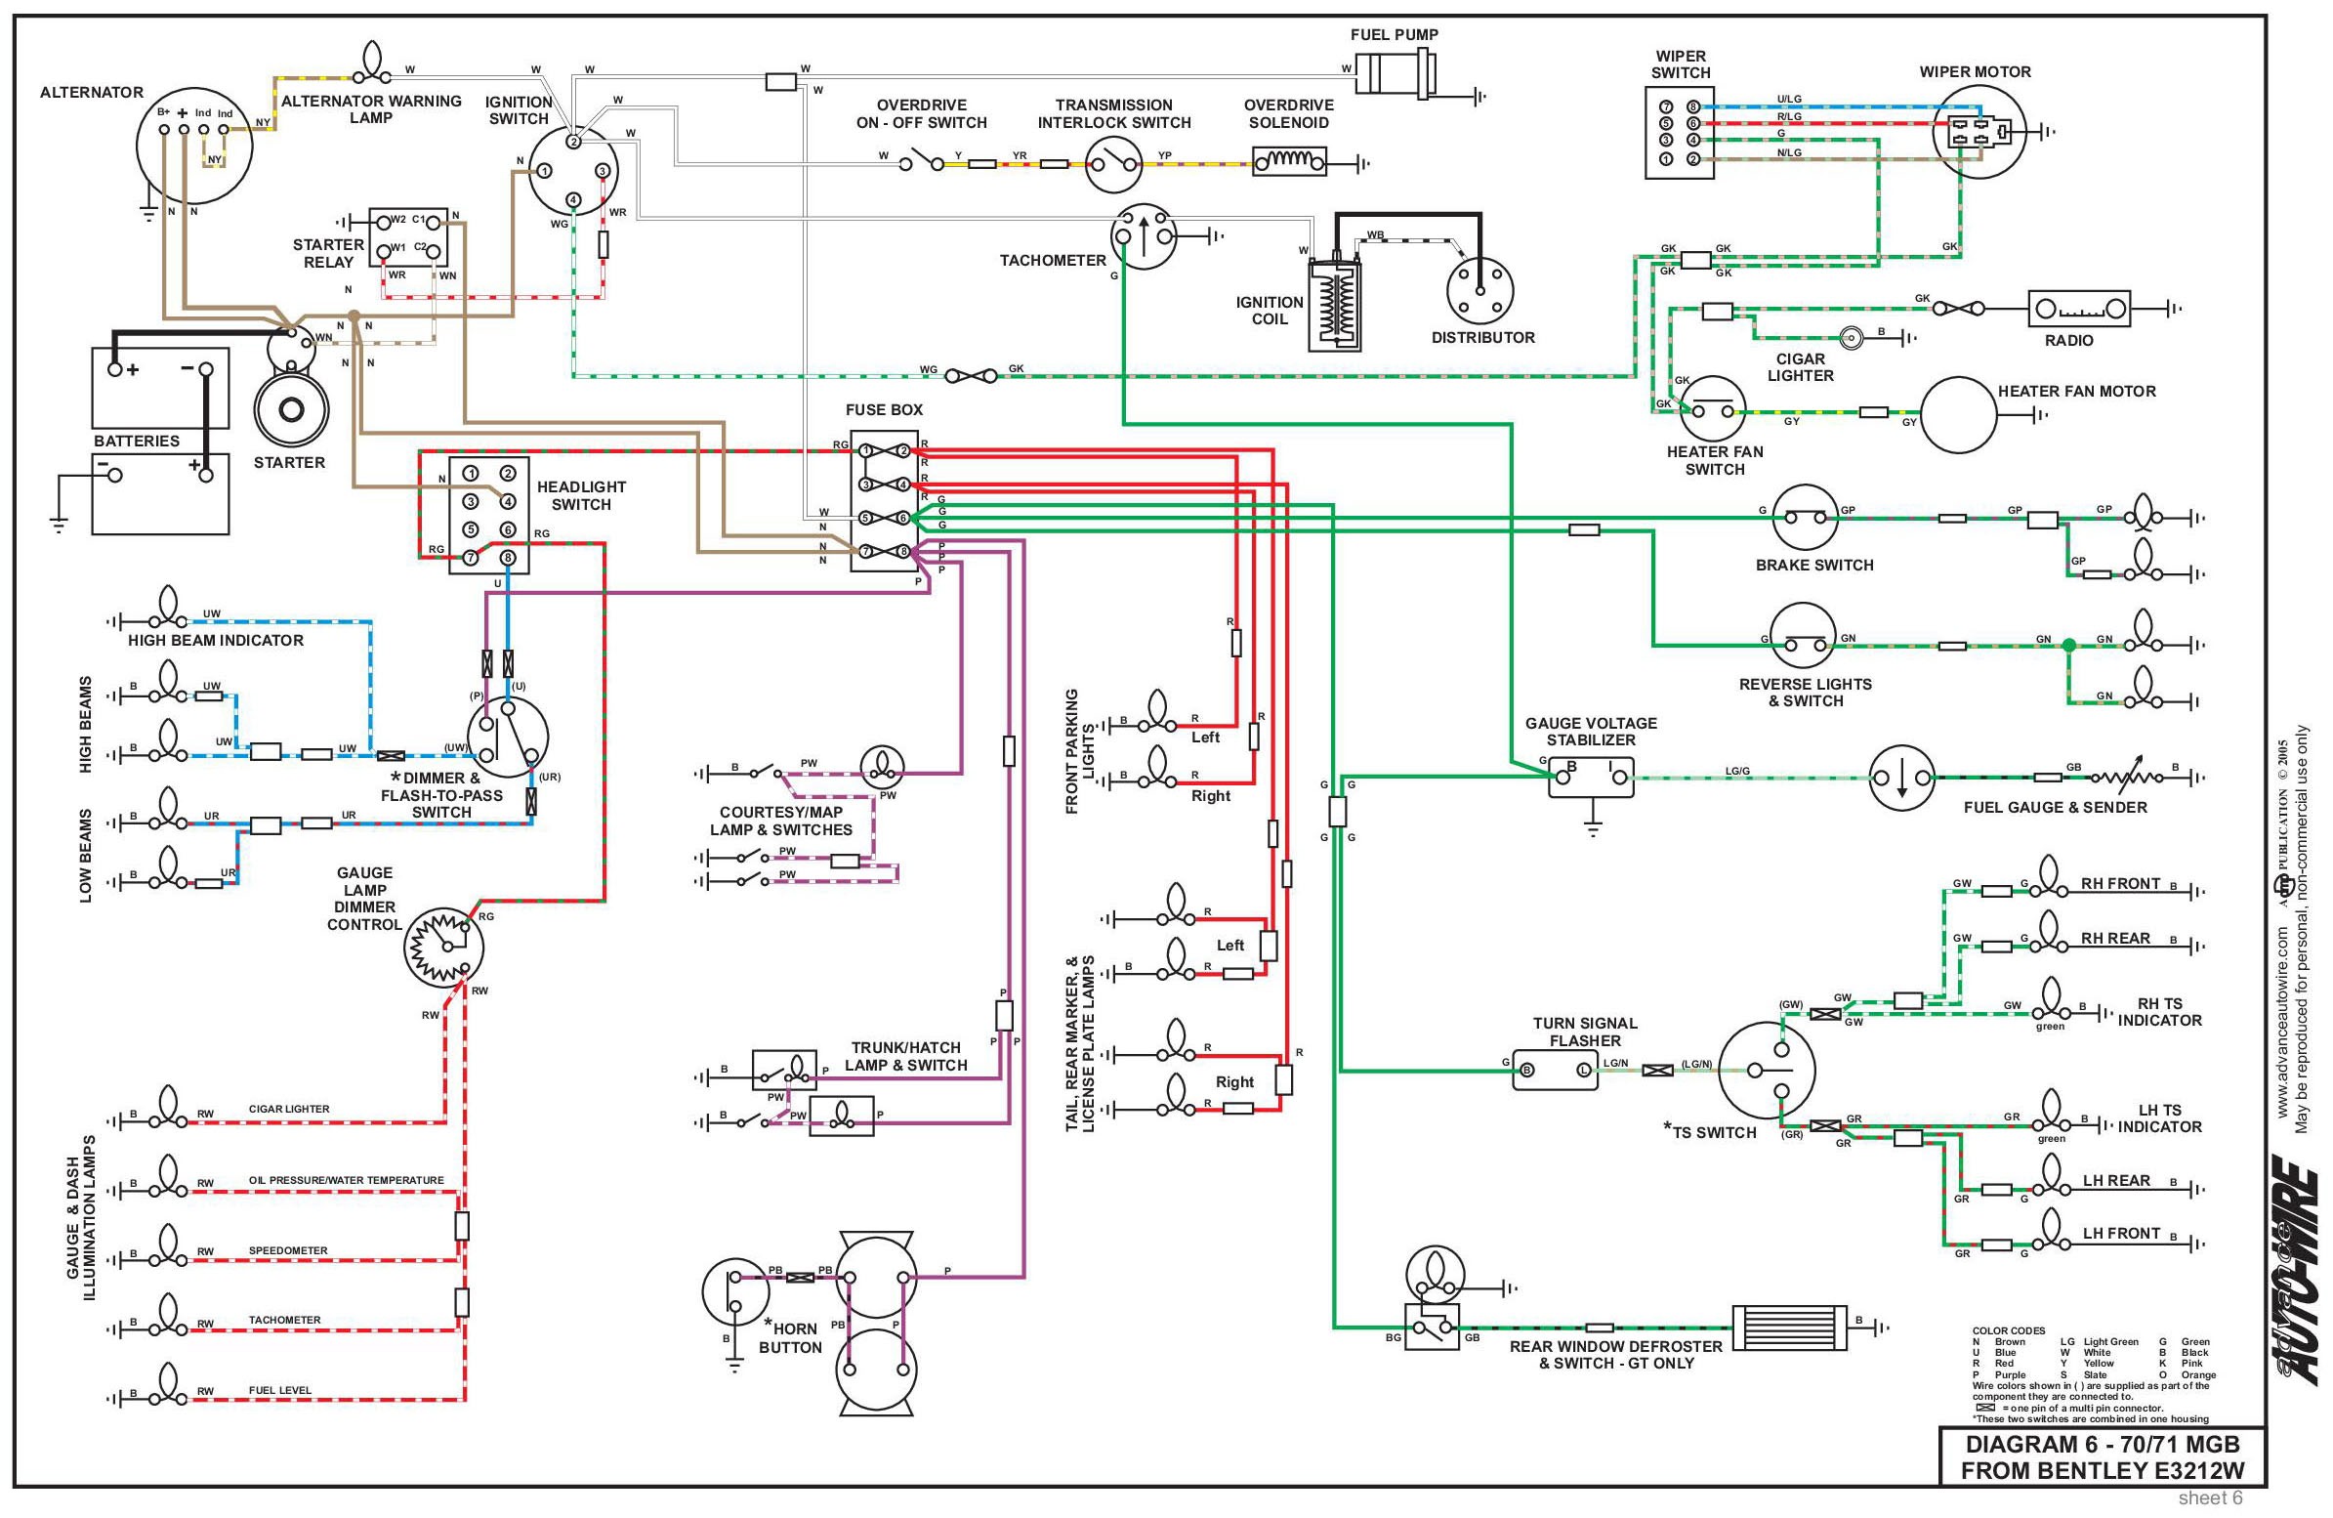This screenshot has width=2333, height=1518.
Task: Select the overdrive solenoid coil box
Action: pos(1289,161)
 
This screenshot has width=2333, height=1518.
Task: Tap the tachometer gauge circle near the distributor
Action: pos(1143,235)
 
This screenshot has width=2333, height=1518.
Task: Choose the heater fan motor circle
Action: pos(1958,413)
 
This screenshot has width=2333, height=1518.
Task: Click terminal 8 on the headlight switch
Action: pos(508,558)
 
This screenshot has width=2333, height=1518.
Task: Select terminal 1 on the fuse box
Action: pos(866,450)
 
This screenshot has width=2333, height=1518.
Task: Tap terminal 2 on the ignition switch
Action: pos(574,142)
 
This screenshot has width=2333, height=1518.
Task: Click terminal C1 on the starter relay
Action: pos(433,223)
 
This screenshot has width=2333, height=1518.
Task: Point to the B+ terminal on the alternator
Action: pos(165,129)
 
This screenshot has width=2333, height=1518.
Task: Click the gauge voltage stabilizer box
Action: pos(1592,777)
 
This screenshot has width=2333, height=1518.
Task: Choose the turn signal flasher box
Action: pos(1555,1070)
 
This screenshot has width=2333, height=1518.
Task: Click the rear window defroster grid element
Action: pos(1789,1327)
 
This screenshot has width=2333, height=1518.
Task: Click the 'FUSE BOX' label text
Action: pos(884,410)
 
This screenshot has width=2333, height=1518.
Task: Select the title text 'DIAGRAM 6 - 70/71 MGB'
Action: pos(2102,1446)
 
